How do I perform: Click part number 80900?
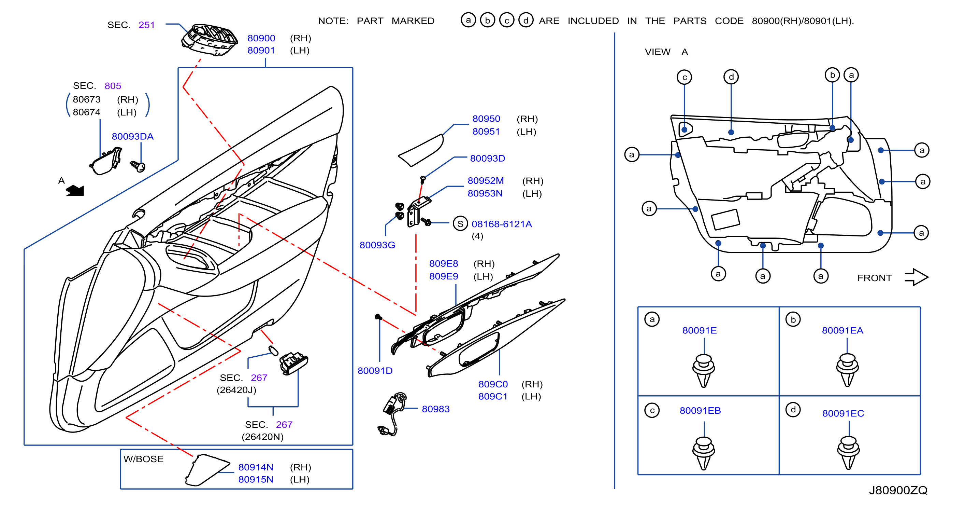(x=261, y=38)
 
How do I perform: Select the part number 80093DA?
(x=133, y=137)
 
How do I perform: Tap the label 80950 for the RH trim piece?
(x=486, y=119)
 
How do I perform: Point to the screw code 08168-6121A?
(x=502, y=224)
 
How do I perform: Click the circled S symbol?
(x=460, y=224)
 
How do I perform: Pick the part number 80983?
(x=436, y=409)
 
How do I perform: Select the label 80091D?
(x=375, y=371)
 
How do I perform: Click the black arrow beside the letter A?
(x=75, y=191)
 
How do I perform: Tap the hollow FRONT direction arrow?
(x=916, y=277)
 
